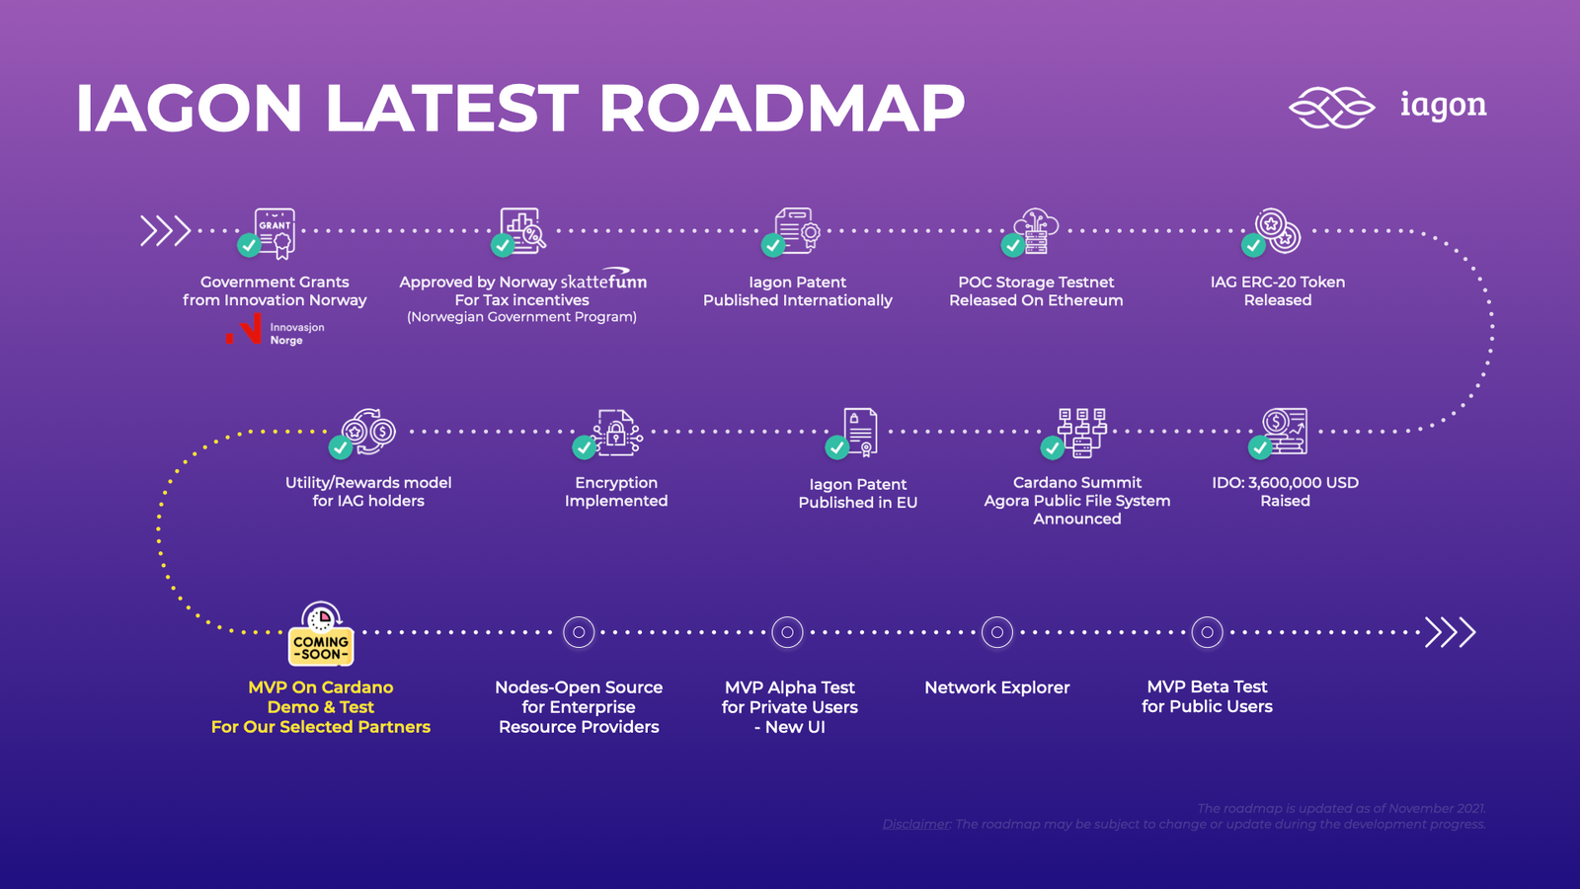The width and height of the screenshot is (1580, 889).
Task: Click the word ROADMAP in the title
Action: [781, 108]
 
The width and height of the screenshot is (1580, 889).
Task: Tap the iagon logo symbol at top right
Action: [1331, 107]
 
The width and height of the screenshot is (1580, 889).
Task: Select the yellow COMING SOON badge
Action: [321, 647]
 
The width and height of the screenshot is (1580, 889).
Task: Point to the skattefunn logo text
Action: [603, 281]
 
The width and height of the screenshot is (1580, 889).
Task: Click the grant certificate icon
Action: [275, 232]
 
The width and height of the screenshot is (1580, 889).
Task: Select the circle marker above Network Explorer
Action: [997, 632]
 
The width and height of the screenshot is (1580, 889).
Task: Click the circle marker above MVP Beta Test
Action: [1207, 632]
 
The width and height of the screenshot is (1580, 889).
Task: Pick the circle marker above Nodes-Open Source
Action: [579, 632]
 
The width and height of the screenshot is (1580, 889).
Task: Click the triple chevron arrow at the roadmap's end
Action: [1450, 632]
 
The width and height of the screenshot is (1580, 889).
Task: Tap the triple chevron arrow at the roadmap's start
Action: [165, 230]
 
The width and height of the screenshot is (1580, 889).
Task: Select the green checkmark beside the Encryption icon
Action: [585, 447]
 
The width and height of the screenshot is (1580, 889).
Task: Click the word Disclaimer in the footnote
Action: [916, 824]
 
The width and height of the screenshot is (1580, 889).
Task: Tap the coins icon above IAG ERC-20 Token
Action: [1279, 230]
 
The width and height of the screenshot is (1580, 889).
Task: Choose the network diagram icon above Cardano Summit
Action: [1082, 432]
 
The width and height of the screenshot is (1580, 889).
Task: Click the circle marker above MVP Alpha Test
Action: [787, 632]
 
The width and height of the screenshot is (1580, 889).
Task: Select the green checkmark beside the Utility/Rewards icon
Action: [341, 447]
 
